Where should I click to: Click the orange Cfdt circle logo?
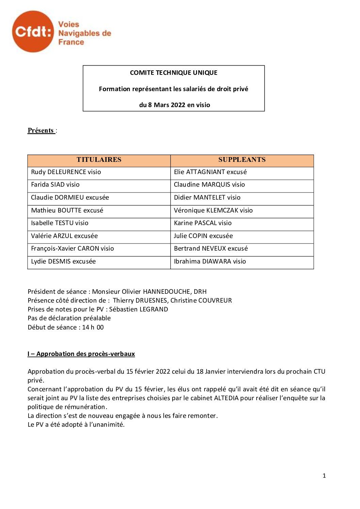click(33, 32)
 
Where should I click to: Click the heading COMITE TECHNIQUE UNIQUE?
click(174, 72)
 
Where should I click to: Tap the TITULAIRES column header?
click(99, 160)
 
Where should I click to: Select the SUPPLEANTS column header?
click(242, 160)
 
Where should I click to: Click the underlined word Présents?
click(41, 131)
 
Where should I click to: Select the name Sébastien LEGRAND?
click(138, 309)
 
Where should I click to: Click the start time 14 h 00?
click(93, 327)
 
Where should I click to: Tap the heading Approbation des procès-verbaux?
click(85, 354)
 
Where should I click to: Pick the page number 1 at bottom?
click(324, 476)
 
